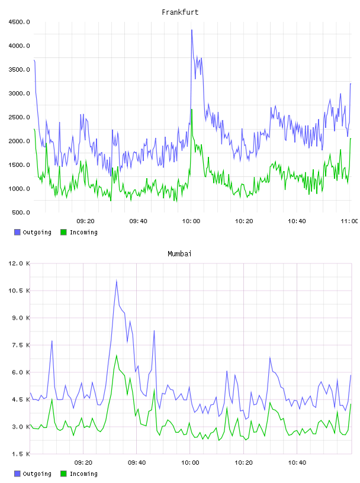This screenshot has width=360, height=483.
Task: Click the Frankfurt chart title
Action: (180, 12)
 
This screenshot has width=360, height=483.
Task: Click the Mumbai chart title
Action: (179, 254)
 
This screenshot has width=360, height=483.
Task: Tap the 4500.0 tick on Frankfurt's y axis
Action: (19, 22)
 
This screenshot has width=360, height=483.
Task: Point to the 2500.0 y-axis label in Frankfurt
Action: (19, 117)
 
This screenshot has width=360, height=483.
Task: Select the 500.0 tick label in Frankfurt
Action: (21, 212)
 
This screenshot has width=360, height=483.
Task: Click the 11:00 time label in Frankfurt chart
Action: (349, 221)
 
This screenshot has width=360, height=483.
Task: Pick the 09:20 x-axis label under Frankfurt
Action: (85, 221)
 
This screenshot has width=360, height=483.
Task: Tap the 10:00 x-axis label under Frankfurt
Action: (191, 221)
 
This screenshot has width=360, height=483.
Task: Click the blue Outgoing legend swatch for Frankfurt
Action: (17, 232)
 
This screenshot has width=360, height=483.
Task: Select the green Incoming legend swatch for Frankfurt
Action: (63, 232)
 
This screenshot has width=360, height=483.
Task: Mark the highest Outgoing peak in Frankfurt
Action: (192, 30)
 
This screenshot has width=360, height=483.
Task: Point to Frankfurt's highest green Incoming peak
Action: (192, 110)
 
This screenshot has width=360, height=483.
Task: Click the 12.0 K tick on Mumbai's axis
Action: (19, 263)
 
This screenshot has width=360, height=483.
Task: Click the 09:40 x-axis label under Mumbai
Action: (137, 462)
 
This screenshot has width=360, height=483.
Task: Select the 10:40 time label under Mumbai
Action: (297, 462)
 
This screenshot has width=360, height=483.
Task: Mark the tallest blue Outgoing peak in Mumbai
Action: (117, 281)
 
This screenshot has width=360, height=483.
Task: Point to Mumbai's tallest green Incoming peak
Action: (117, 355)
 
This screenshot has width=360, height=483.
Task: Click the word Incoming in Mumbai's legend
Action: (83, 474)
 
